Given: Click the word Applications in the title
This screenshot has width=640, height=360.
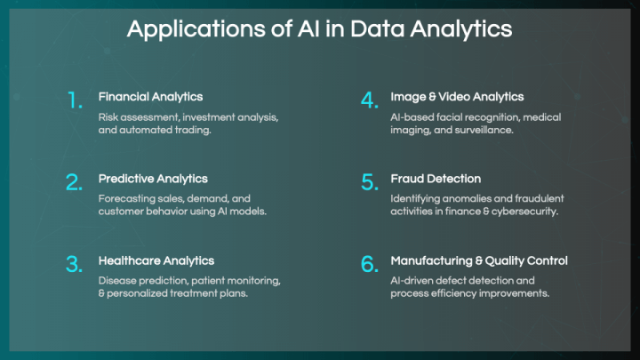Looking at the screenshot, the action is (196, 30).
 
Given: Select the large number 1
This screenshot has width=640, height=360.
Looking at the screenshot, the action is (75, 100).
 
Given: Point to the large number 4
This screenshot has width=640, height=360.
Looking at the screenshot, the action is (370, 100).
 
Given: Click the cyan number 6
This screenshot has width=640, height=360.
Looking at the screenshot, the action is (370, 264).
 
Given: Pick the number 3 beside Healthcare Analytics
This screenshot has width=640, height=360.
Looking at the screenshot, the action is (74, 264).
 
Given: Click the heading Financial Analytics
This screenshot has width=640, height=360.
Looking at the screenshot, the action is (150, 97).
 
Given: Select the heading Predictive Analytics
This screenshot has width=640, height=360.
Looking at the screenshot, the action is (153, 179).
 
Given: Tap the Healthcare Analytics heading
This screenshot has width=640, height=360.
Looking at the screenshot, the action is (156, 260).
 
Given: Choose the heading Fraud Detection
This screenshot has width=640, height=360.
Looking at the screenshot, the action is (436, 179).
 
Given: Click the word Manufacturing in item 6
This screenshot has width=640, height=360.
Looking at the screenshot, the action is (431, 261).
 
